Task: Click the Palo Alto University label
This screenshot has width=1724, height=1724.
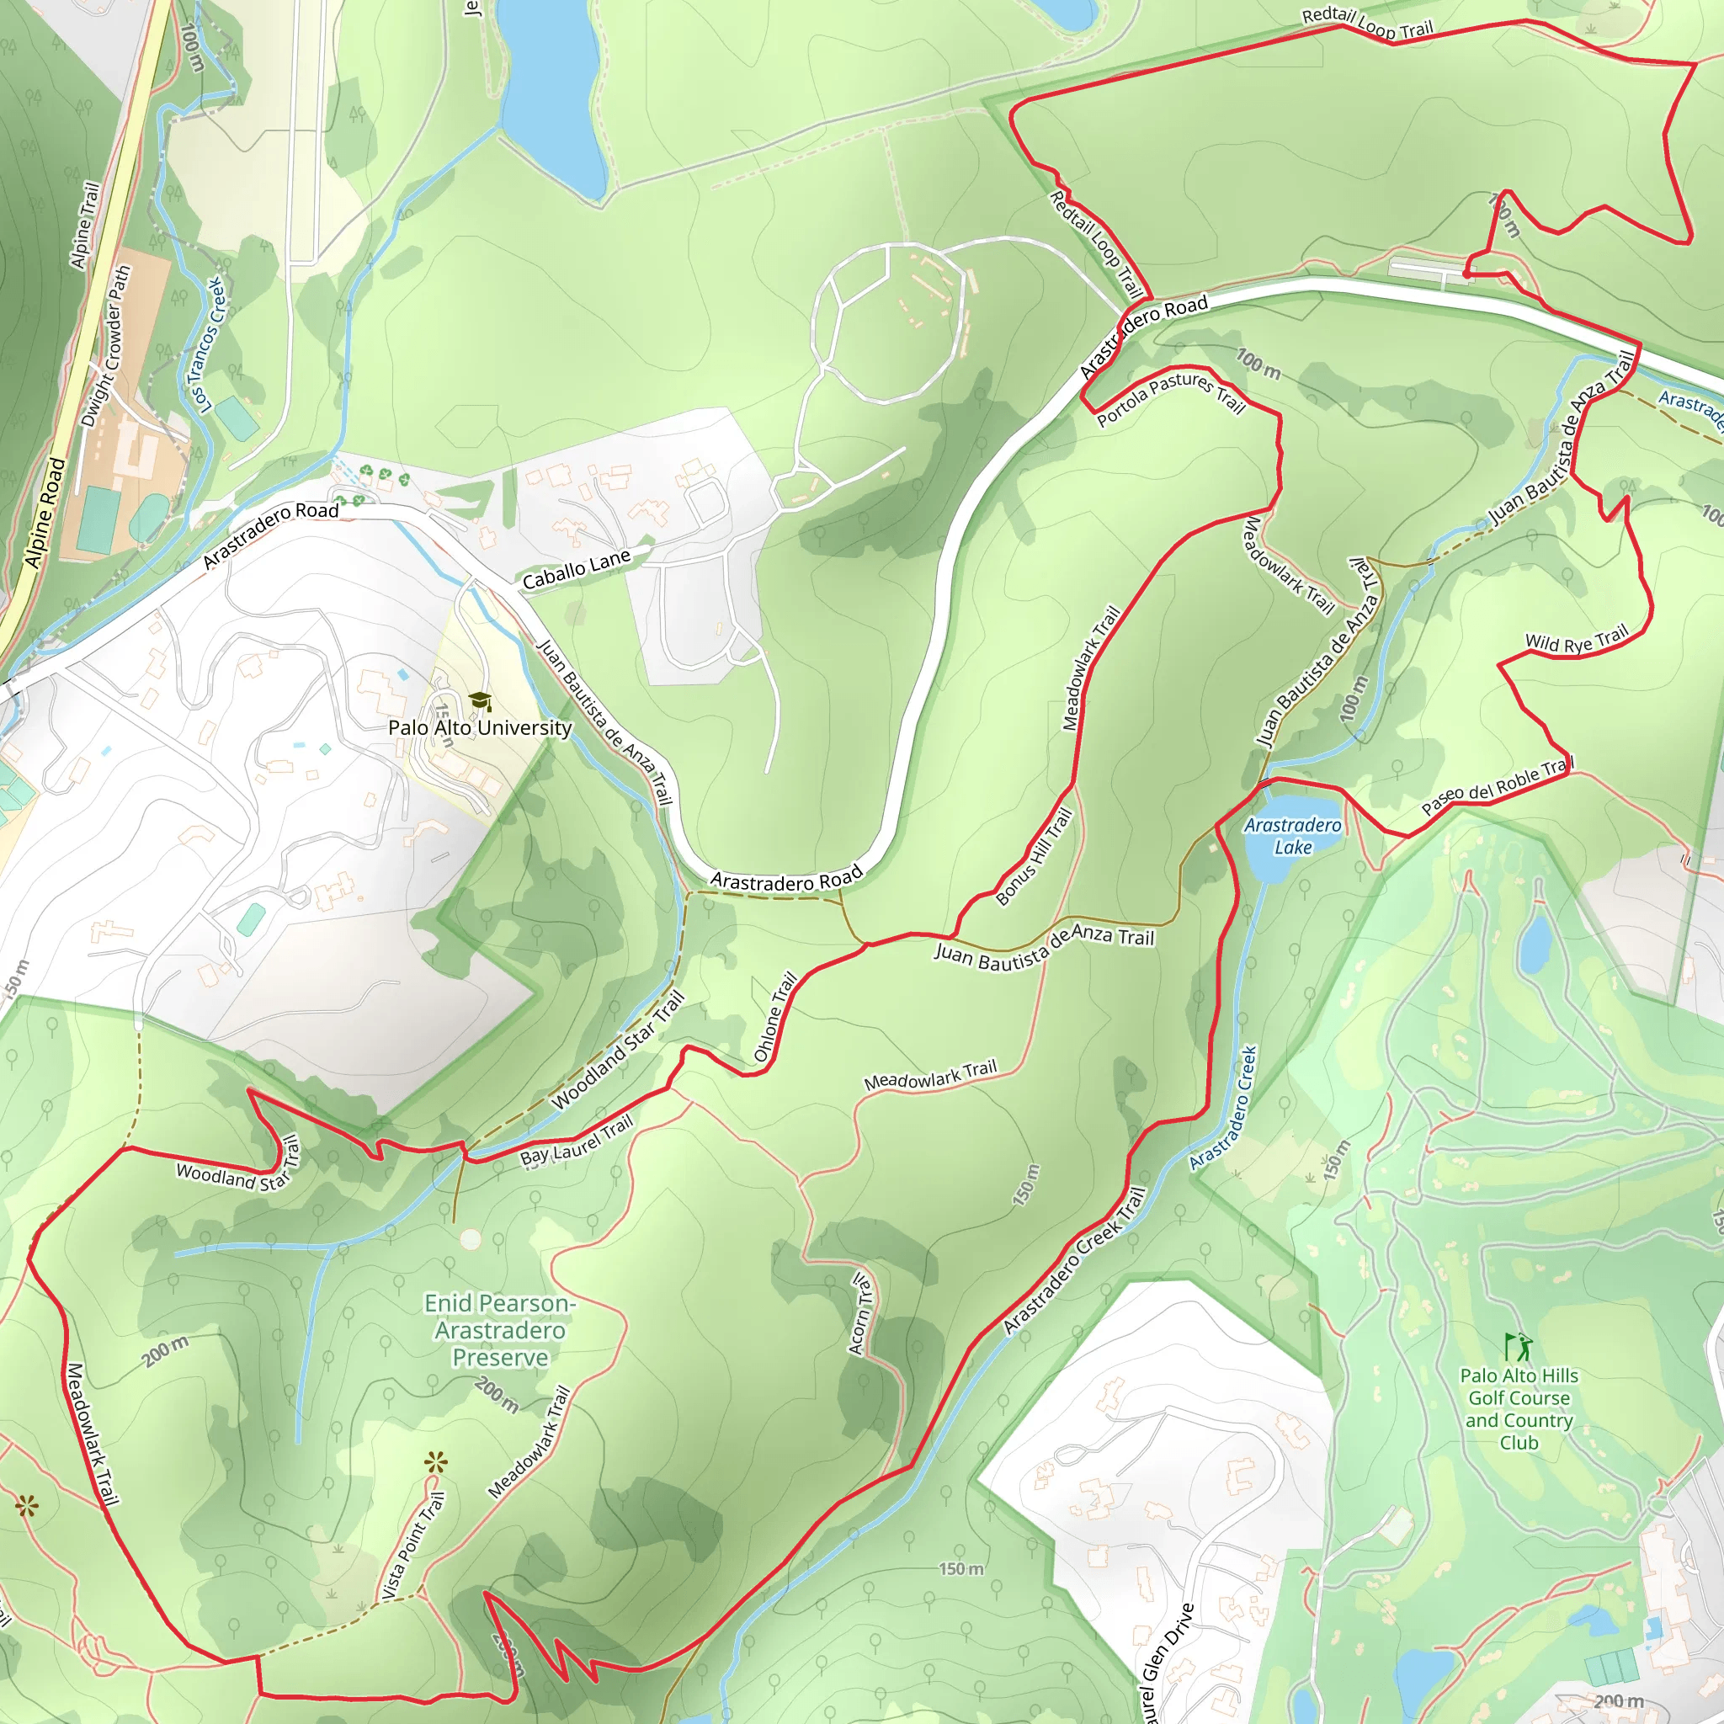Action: pyautogui.click(x=480, y=727)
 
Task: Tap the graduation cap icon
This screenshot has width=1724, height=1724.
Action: pyautogui.click(x=480, y=700)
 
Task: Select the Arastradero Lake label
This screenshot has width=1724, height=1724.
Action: pyautogui.click(x=1293, y=836)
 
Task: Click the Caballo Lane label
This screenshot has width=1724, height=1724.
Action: pyautogui.click(x=577, y=569)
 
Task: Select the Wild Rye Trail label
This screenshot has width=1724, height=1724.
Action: pyautogui.click(x=1577, y=640)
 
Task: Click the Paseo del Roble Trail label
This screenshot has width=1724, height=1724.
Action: pyautogui.click(x=1498, y=786)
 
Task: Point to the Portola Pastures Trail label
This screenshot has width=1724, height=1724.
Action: pyautogui.click(x=1171, y=397)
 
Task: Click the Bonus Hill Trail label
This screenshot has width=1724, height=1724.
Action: pyautogui.click(x=1035, y=856)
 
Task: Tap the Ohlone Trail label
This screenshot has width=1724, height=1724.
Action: pyautogui.click(x=774, y=1016)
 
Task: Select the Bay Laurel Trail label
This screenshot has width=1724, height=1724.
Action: pyautogui.click(x=577, y=1141)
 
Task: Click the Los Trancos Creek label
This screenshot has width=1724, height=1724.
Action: pyautogui.click(x=210, y=344)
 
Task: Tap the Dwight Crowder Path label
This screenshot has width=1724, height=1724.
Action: pyautogui.click(x=106, y=346)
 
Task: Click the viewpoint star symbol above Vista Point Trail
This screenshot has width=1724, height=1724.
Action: pyautogui.click(x=435, y=1462)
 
